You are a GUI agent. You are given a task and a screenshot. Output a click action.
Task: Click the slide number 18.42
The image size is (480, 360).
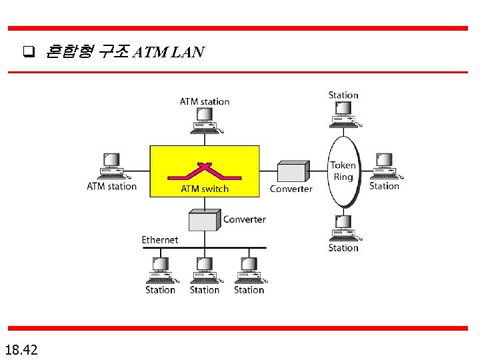21,349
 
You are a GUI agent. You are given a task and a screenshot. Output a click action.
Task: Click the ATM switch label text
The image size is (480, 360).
205,189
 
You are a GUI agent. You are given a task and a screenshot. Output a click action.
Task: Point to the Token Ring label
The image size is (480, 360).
343,171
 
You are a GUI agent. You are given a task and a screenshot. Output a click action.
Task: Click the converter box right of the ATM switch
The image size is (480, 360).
293,171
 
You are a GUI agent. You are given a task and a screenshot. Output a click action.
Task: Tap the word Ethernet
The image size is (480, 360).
160,239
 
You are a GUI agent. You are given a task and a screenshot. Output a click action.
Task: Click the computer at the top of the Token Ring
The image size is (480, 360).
344,114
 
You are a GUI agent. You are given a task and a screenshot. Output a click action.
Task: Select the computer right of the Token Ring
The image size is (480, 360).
385,167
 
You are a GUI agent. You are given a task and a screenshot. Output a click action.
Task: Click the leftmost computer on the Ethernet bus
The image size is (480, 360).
160,270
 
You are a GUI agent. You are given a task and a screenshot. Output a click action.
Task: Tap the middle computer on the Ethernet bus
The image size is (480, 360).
204,270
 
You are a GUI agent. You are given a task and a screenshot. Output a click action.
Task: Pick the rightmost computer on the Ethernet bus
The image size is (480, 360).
249,270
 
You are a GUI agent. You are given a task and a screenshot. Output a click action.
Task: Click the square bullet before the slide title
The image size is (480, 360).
29,51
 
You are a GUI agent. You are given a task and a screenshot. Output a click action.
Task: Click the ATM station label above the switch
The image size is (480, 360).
205,102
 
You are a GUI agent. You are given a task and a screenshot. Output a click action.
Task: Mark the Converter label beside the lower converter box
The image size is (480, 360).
244,219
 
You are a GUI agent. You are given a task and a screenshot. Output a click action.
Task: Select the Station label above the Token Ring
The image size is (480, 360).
343,95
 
